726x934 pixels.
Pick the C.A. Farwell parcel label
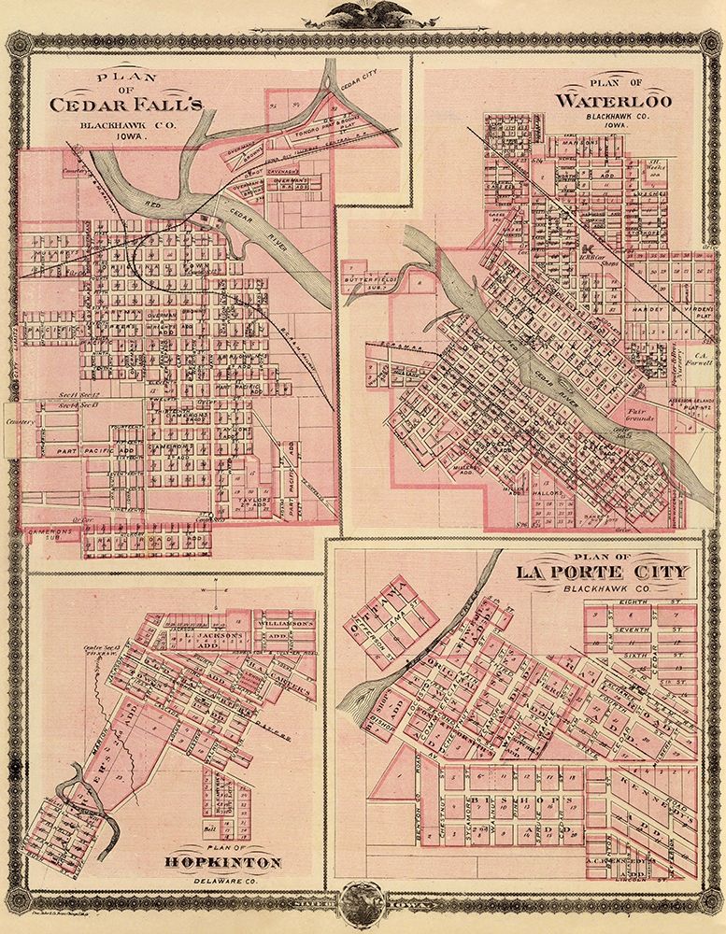click(697, 360)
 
